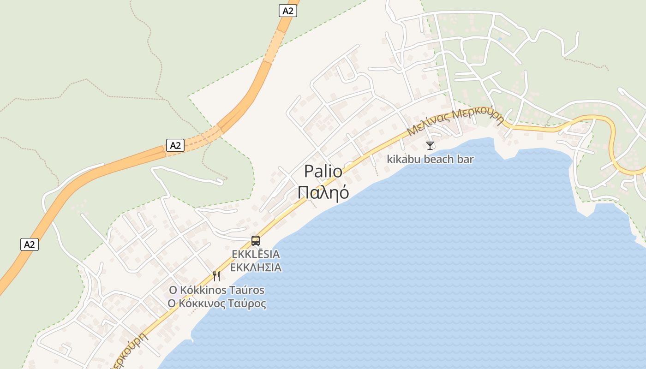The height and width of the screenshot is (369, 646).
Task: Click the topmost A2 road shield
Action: tap(287, 11)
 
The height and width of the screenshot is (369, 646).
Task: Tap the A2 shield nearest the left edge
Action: tap(29, 244)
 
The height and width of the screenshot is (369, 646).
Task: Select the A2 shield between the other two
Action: tap(175, 146)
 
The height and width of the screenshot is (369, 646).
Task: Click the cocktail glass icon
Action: tap(430, 146)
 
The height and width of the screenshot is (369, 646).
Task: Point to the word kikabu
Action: tap(402, 160)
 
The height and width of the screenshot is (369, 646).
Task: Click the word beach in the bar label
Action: tap(438, 160)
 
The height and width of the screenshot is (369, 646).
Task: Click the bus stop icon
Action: tap(256, 240)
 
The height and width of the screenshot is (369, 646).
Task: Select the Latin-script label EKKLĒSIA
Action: tap(256, 254)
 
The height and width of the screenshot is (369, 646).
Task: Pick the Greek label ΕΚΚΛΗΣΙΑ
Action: tap(256, 268)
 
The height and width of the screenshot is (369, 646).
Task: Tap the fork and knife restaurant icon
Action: tap(216, 276)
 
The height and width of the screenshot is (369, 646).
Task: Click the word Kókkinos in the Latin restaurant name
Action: tap(202, 290)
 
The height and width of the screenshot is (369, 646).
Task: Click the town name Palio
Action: tap(323, 172)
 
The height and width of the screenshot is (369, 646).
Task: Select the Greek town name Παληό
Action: tap(323, 192)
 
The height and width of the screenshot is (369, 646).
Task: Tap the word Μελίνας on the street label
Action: tap(428, 124)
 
